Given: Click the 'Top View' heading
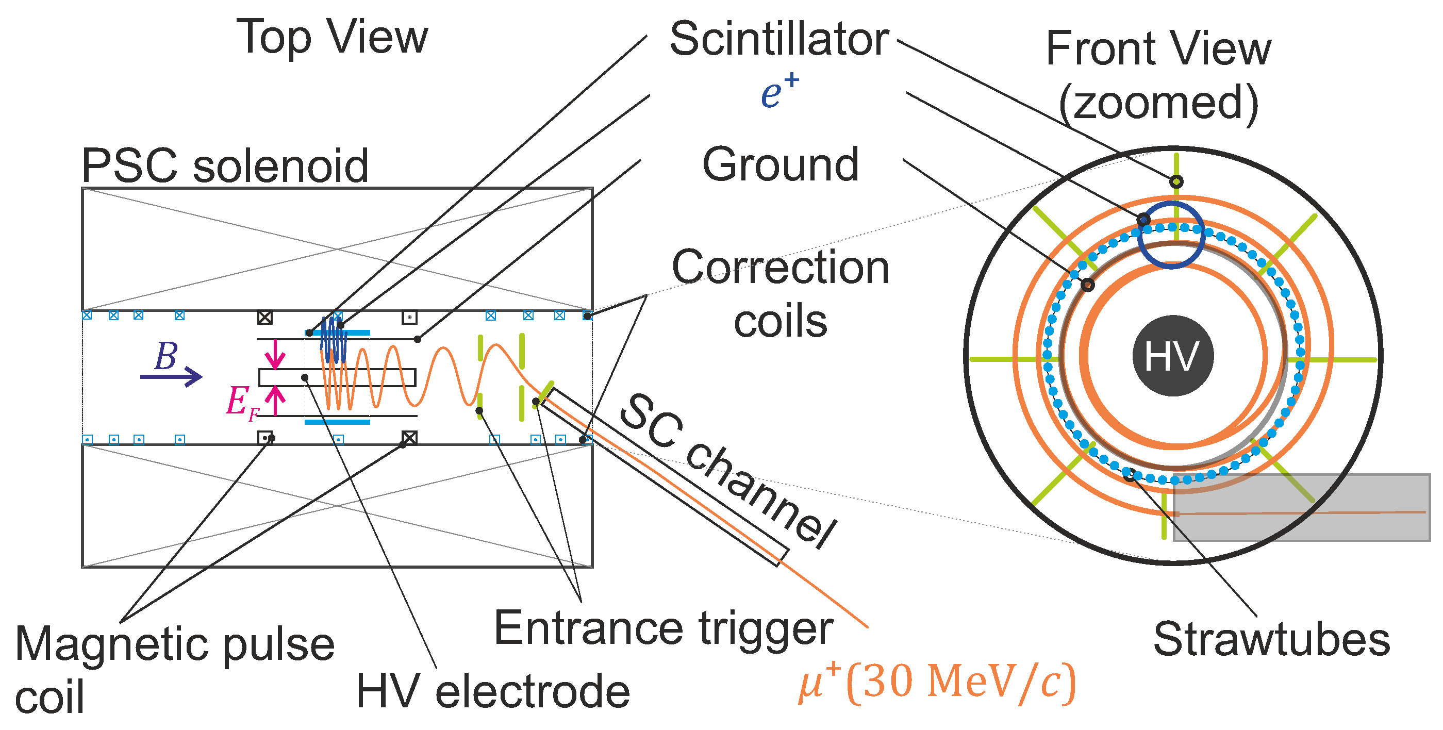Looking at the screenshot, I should click(x=331, y=38).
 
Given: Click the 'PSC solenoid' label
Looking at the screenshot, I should click(x=225, y=166).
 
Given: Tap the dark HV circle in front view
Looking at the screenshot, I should click(x=1172, y=356).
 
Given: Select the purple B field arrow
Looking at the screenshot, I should click(x=171, y=375).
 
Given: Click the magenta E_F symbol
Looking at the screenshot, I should click(x=241, y=402).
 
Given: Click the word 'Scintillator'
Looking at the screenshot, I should click(x=778, y=39).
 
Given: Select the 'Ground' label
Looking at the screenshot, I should click(x=781, y=164).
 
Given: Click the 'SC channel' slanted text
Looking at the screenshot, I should click(x=728, y=471).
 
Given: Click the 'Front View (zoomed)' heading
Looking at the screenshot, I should click(x=1158, y=76).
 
